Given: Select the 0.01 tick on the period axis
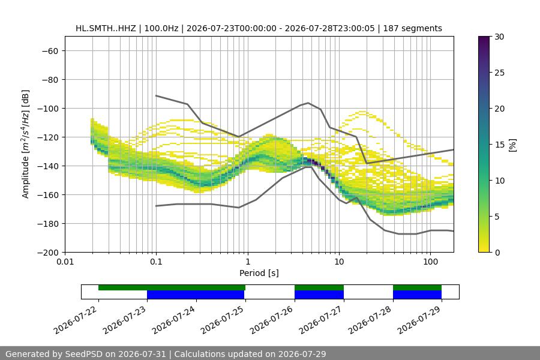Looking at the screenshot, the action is (65, 262).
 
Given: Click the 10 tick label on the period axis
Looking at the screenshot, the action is (339, 262).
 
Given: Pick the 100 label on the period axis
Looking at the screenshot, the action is (430, 262).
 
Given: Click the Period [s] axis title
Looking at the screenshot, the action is (259, 273).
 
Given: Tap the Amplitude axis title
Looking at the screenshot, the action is (26, 144).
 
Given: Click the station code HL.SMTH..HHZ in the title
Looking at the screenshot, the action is (106, 28).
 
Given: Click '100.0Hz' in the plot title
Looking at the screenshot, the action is (161, 28).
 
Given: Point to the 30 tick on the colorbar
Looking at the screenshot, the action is (499, 37).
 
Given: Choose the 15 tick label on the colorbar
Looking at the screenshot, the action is (499, 145).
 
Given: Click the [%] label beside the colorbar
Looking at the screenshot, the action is (512, 145).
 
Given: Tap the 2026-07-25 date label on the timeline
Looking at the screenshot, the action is (222, 320).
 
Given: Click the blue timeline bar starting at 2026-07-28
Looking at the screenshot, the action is (417, 295).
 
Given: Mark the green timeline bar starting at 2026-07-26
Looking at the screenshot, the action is (319, 287).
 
